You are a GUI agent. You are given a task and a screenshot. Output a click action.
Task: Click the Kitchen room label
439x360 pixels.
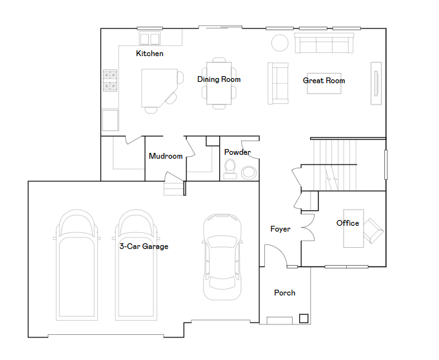[x=150, y=54]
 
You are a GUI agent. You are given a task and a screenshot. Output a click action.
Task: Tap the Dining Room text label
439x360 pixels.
[x=219, y=79]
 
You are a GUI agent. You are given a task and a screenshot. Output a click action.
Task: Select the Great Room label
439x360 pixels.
[x=324, y=81]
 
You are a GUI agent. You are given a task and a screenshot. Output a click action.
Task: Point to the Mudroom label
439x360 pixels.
[x=166, y=156]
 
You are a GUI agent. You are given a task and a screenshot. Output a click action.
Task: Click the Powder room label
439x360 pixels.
[x=237, y=153]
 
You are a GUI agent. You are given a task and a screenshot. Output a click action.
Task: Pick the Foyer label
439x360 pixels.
[x=280, y=229]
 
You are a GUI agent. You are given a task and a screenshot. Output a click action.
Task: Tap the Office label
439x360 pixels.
[x=347, y=223]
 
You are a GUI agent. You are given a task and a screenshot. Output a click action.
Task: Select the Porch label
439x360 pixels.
[x=284, y=293]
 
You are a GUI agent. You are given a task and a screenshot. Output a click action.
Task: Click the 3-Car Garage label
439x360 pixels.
[x=144, y=246]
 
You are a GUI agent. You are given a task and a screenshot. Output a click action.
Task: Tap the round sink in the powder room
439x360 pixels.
[x=248, y=172]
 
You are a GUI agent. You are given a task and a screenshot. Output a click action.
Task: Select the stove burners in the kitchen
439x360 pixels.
[x=110, y=81]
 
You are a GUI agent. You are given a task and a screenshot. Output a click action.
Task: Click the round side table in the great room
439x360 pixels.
[x=280, y=43]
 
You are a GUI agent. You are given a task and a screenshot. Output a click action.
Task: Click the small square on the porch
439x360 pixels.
[x=303, y=318]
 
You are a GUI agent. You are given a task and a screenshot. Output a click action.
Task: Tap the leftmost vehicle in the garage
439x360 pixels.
[x=78, y=265]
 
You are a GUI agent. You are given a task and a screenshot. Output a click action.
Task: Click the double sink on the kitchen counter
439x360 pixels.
[x=150, y=38]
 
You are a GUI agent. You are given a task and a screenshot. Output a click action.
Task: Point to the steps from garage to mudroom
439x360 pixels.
[x=173, y=188]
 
